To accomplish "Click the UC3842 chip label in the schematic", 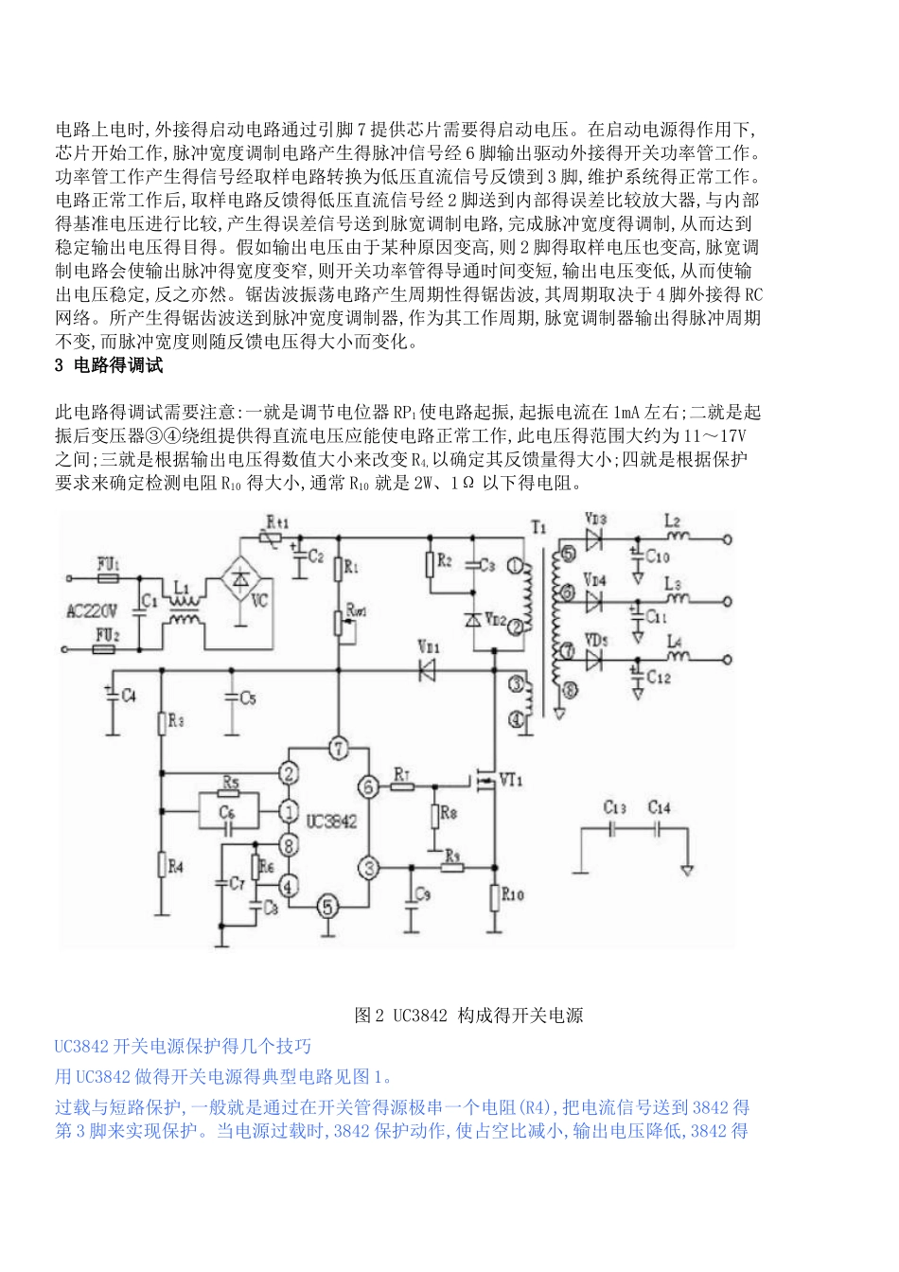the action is (x=331, y=821).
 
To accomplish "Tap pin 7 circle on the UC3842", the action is (x=339, y=749).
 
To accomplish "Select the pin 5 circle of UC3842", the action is (x=327, y=907).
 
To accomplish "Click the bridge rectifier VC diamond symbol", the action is (x=242, y=574).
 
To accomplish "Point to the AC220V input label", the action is (x=91, y=611).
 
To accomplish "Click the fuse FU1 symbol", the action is (x=107, y=576).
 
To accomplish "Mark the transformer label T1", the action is (x=538, y=527).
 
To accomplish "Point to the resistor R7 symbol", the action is (x=402, y=786).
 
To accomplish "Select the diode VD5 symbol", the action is (x=595, y=660).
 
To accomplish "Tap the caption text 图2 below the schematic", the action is (x=368, y=1016).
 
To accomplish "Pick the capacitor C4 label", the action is (x=129, y=696).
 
